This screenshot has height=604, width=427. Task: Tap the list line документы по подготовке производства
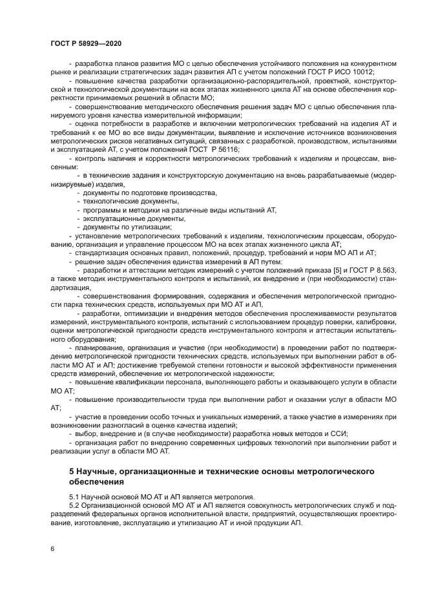(146, 193)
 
